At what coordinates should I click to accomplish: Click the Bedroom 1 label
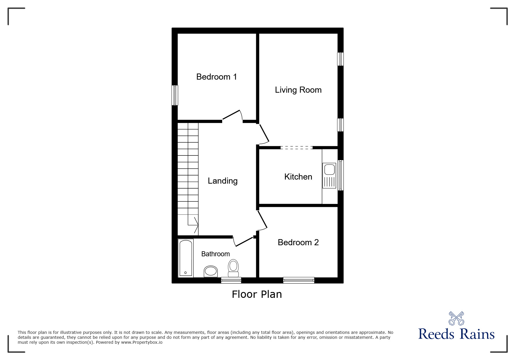(217, 77)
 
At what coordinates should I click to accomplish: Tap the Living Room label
(298, 90)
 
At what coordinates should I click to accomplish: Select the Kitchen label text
(298, 177)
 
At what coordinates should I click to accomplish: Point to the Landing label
(223, 181)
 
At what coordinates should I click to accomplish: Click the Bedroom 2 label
(298, 242)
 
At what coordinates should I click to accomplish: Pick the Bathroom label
(215, 254)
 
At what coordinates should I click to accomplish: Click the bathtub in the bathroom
(186, 258)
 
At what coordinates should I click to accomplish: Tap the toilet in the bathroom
(233, 268)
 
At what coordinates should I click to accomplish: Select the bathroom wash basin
(211, 271)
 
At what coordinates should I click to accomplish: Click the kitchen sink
(329, 176)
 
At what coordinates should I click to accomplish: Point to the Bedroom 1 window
(175, 95)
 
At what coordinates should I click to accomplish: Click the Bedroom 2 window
(299, 280)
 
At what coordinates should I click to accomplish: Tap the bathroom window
(231, 280)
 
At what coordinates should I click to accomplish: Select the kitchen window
(341, 175)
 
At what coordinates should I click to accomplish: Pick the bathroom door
(243, 241)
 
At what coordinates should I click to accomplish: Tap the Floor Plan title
(257, 294)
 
